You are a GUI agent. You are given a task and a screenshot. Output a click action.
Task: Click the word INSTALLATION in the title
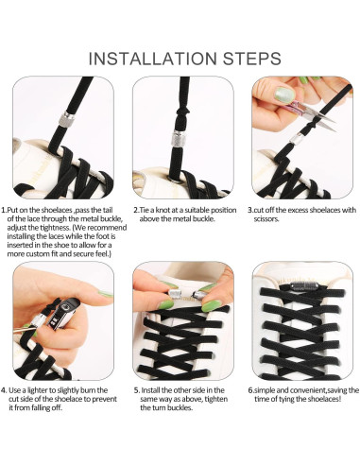point(152,59)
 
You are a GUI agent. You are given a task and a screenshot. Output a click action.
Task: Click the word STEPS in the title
point(252,59)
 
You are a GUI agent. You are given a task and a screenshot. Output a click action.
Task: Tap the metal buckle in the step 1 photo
point(67,119)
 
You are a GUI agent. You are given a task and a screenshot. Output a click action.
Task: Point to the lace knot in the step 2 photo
point(182,111)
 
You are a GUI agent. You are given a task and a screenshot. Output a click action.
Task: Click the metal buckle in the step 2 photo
point(179,139)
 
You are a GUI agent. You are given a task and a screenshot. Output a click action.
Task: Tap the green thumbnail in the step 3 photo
point(284,94)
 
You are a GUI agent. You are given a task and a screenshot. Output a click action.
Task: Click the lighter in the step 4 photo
point(63,314)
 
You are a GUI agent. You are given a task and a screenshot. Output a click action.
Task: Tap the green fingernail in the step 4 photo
point(106,294)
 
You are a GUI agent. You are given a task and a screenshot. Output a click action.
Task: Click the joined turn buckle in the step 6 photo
point(300,286)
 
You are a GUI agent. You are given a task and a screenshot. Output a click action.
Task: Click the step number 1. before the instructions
point(4,210)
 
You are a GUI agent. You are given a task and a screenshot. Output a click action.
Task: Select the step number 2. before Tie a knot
point(136,210)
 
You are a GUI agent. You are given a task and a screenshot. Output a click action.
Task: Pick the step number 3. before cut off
point(250,210)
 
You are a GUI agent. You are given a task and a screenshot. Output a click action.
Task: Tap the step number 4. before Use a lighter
point(4,390)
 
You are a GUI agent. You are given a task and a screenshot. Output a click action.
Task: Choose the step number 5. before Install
point(137,390)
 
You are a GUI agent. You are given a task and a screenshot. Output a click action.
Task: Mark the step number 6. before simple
point(250,390)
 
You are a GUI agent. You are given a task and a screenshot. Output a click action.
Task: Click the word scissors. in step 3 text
point(266,219)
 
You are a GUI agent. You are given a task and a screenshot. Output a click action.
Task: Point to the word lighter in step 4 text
point(38,390)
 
